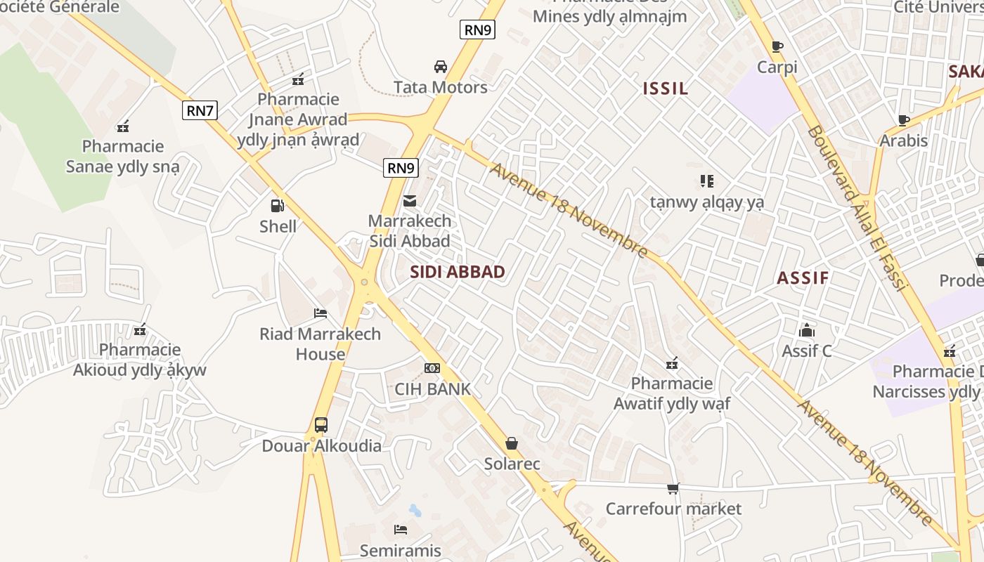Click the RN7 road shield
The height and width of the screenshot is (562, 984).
pos(200,110)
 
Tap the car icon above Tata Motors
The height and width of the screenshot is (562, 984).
pos(441,67)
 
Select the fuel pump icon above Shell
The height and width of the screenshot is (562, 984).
pos(278,206)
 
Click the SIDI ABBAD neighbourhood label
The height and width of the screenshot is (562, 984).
pos(458,272)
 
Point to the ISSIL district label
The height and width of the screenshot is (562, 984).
pos(666,89)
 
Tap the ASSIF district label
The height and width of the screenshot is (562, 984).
pos(803,277)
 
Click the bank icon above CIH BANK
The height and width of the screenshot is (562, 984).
pos(432,368)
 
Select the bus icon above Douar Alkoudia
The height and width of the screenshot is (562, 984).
pos(321,425)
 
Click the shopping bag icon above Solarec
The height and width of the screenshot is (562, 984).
pos(512,443)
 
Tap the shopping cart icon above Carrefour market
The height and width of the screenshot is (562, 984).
pos(673,488)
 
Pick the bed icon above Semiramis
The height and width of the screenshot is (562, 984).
pos(401,530)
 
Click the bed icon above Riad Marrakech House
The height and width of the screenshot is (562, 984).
pos(321,313)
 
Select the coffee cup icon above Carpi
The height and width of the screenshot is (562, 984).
pos(777,47)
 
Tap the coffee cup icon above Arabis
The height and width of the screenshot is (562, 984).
pos(904,120)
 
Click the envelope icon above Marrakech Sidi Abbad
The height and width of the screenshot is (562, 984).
pos(410,202)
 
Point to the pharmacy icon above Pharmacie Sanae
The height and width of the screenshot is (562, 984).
pos(123,126)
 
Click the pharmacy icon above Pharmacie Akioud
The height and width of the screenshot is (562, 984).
pos(140,329)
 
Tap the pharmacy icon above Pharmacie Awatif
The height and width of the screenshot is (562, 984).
pos(672,363)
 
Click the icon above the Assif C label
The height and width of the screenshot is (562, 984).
pos(807,329)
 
